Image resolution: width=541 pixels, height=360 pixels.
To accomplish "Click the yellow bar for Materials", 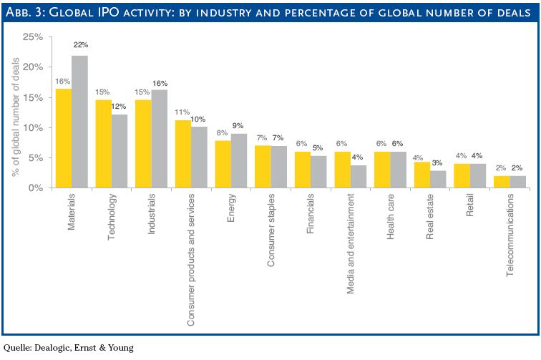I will click(63, 138).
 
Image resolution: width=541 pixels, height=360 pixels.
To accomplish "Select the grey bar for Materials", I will click(79, 122).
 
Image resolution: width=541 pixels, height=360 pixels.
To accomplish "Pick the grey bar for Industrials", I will click(159, 139).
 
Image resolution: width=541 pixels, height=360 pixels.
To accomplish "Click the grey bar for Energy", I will click(239, 161).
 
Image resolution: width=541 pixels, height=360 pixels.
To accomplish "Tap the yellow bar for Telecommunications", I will click(501, 182).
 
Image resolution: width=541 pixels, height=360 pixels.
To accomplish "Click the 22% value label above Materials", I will click(80, 47).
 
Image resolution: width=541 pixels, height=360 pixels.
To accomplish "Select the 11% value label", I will click(182, 112).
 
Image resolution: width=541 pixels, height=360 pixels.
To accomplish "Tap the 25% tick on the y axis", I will click(34, 37).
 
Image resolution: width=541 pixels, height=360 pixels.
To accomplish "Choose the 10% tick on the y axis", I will click(34, 128).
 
